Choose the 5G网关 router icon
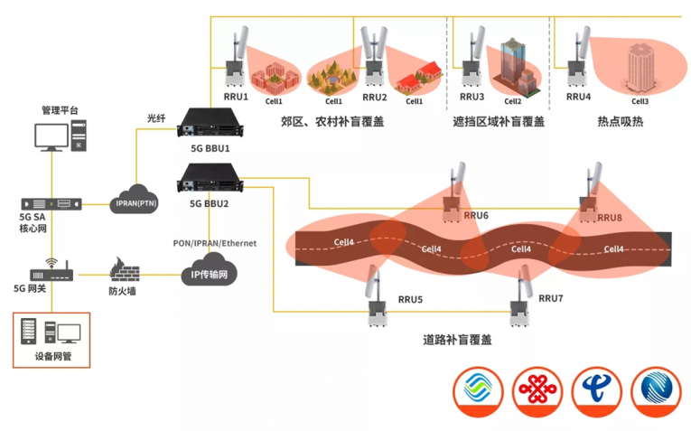pos(50,270)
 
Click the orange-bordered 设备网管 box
pos(51,338)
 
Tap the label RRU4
pos(578,97)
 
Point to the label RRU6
pos(475,215)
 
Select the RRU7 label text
pos(551,297)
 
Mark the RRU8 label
pos(610,218)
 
